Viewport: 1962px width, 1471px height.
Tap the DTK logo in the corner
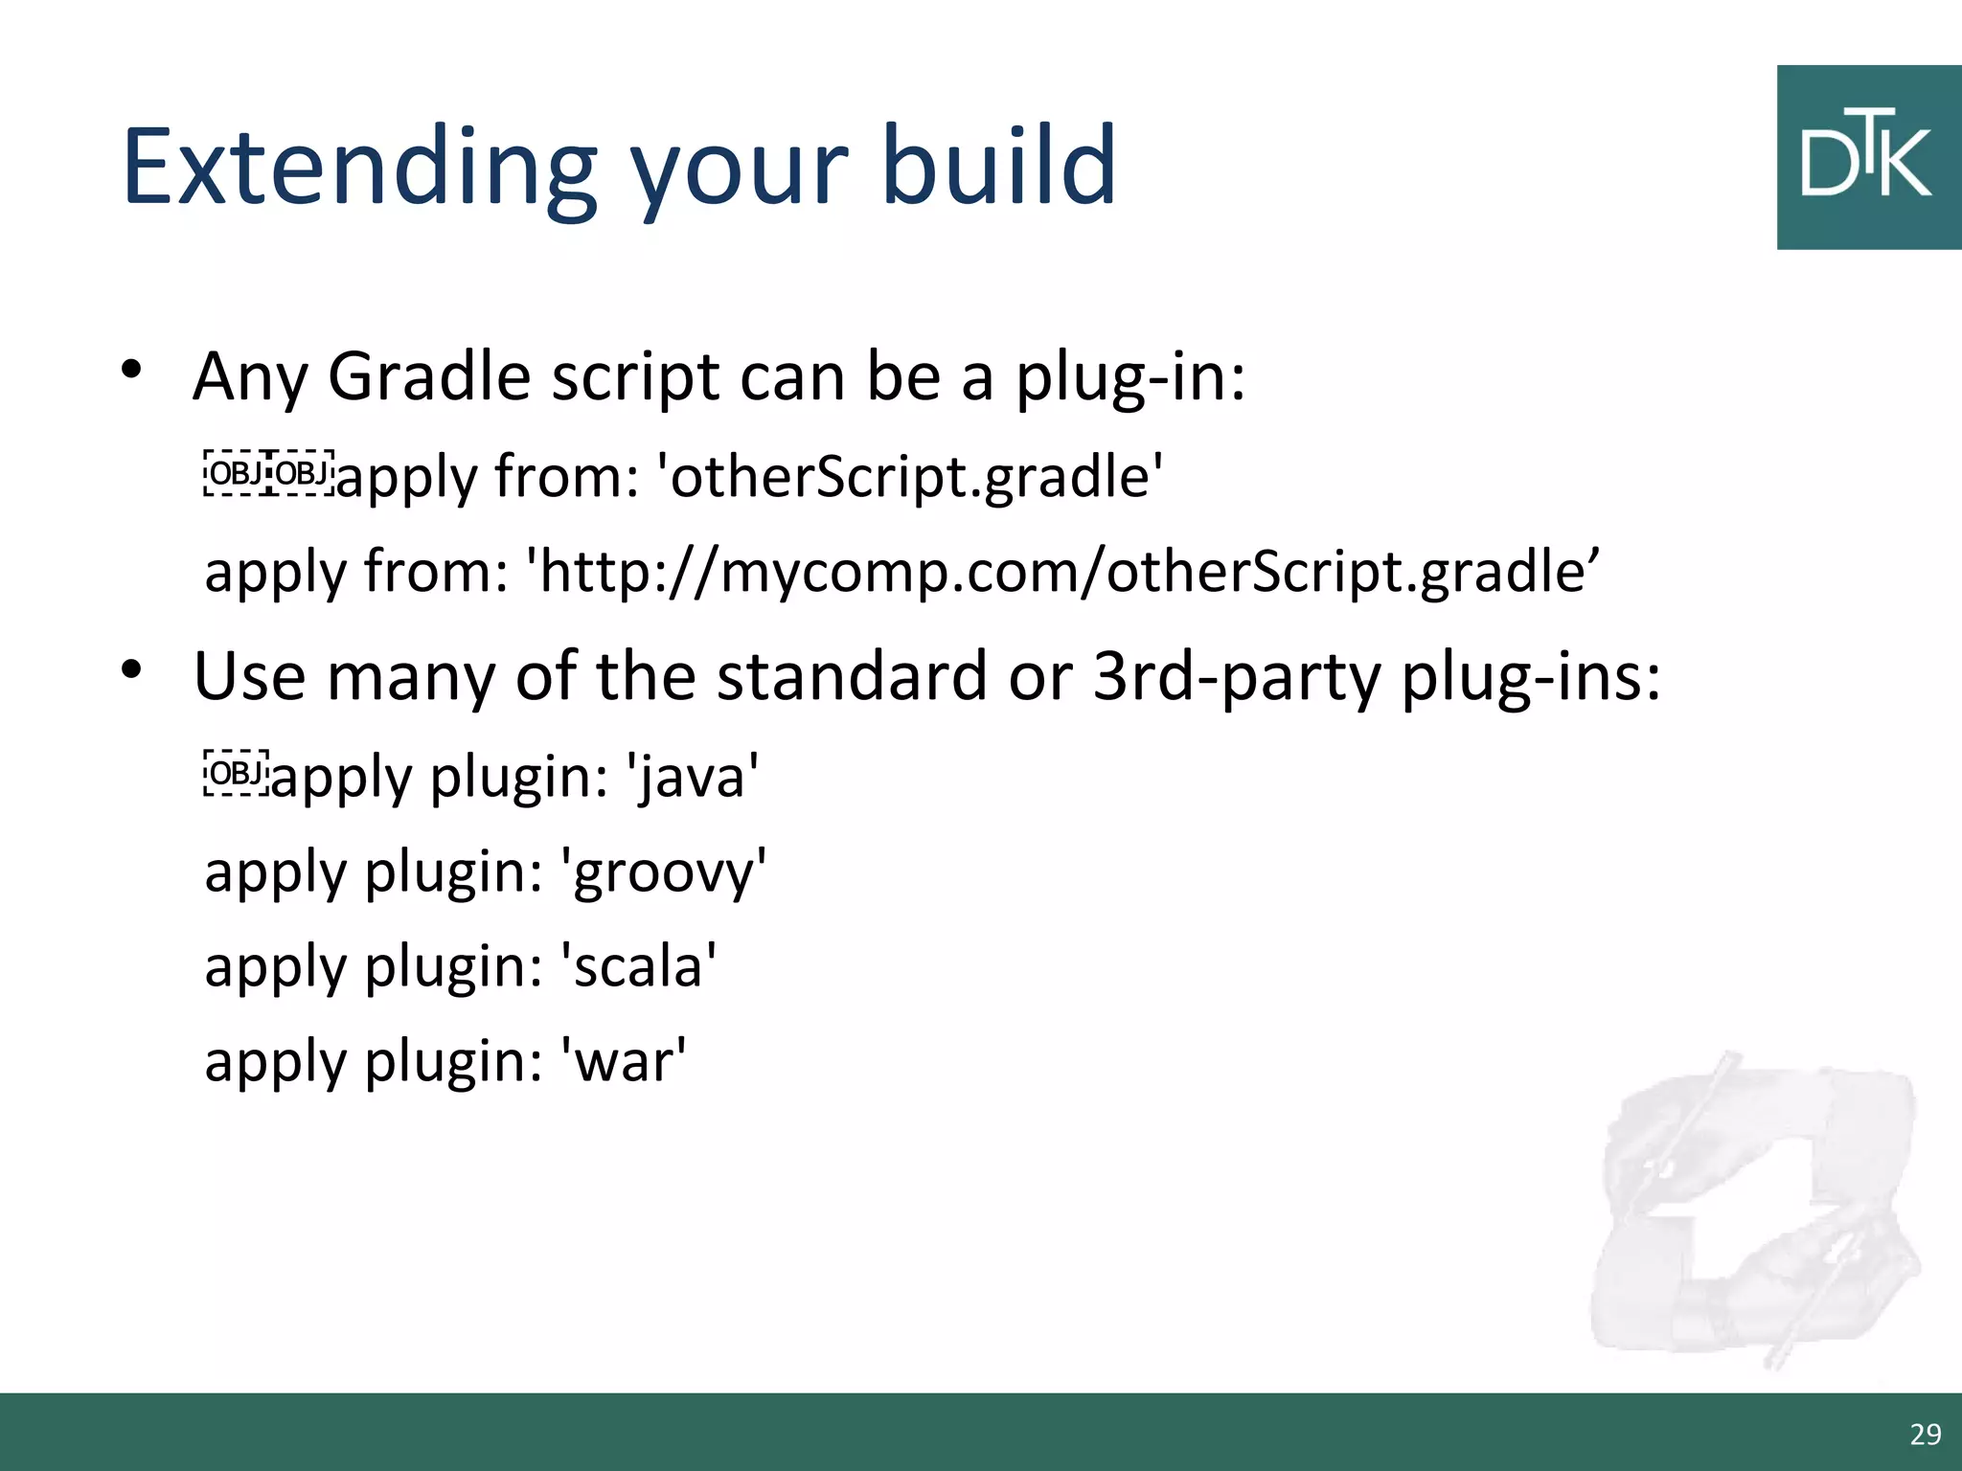coord(1868,158)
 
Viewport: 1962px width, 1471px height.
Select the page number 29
coord(1925,1434)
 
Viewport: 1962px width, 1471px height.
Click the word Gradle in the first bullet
coord(428,376)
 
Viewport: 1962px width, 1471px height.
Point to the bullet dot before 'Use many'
coord(131,669)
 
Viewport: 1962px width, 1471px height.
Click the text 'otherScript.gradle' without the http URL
coord(910,476)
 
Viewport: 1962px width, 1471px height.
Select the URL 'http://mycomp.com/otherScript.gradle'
coord(1063,572)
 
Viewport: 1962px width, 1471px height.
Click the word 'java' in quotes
coord(693,776)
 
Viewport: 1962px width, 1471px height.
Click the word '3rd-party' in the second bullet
coord(1237,676)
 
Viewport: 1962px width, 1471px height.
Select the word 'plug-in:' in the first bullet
coord(1130,376)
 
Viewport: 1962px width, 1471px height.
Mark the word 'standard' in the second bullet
coord(852,676)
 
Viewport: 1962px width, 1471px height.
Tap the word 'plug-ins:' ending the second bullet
coord(1530,676)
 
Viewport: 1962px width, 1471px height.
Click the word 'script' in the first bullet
coord(635,376)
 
